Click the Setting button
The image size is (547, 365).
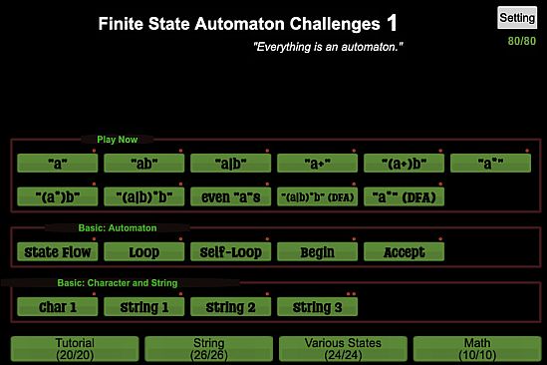click(x=517, y=18)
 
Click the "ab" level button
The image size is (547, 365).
click(x=144, y=162)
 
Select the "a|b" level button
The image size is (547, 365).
click(x=230, y=162)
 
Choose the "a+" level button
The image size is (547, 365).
click(x=317, y=162)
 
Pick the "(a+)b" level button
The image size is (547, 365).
click(x=404, y=162)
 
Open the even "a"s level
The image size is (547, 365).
click(x=230, y=196)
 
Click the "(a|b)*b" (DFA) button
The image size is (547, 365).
click(x=317, y=196)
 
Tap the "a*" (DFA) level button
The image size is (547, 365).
click(x=404, y=196)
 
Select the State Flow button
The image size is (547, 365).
click(x=58, y=251)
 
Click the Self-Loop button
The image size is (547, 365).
click(x=230, y=251)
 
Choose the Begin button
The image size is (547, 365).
click(x=317, y=251)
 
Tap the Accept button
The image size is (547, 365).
click(x=404, y=251)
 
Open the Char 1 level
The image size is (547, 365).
click(x=58, y=307)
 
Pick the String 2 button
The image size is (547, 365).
click(x=230, y=307)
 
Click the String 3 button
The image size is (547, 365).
click(x=317, y=307)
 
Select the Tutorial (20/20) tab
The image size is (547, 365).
click(x=74, y=348)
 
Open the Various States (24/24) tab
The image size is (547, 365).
click(x=342, y=348)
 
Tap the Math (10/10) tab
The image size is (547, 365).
click(x=476, y=348)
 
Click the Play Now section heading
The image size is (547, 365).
click(x=118, y=140)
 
